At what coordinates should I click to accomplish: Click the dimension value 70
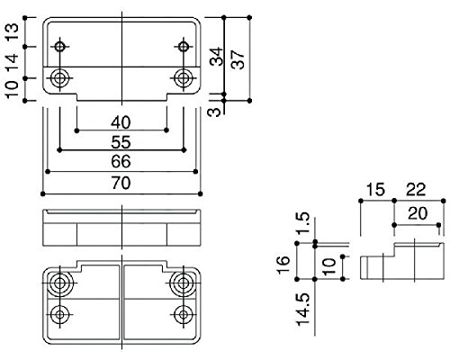pyautogui.click(x=121, y=183)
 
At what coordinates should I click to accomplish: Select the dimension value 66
pyautogui.click(x=121, y=161)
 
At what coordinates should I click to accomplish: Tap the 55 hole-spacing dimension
pyautogui.click(x=121, y=142)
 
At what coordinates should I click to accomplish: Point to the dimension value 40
pyautogui.click(x=121, y=122)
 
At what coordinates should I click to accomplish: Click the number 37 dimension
pyautogui.click(x=238, y=59)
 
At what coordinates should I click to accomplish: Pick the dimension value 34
pyautogui.click(x=217, y=56)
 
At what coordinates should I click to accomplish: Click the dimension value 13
pyautogui.click(x=13, y=32)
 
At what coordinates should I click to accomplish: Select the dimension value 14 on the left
pyautogui.click(x=13, y=62)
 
